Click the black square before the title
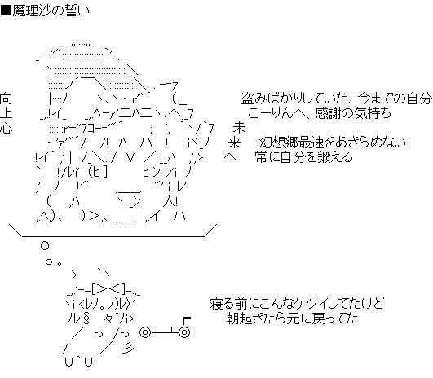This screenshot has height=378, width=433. (6, 11)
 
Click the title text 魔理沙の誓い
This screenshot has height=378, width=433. (51, 11)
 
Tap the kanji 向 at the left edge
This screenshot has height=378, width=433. (6, 99)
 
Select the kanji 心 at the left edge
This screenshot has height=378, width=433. (6, 128)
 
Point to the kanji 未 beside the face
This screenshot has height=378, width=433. (239, 128)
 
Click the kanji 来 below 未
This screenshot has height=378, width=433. (234, 143)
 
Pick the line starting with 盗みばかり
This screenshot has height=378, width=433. (337, 99)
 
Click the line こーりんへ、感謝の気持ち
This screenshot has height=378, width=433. (320, 113)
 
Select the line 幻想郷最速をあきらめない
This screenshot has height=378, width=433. (333, 143)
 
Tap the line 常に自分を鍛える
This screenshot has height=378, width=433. (304, 157)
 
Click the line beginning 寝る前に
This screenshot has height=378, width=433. (297, 304)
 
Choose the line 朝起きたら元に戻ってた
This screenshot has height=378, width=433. (293, 319)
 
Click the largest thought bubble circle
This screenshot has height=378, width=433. (45, 245)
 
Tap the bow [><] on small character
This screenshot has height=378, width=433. (108, 289)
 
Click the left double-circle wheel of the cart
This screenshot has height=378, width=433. (145, 332)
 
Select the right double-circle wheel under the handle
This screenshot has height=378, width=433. (184, 332)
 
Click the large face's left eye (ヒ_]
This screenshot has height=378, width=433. (97, 172)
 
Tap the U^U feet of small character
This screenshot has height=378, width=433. (79, 362)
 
